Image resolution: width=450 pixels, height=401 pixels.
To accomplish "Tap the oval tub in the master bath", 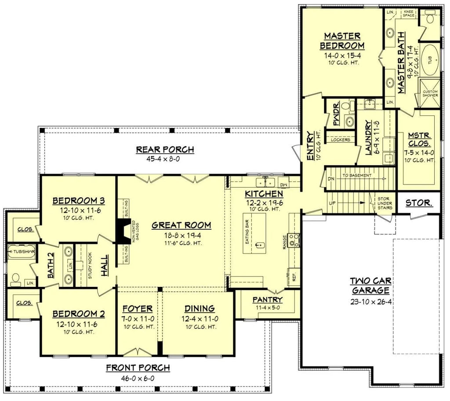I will tap(430, 59).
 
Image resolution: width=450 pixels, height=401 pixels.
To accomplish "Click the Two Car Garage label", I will tap(370, 285).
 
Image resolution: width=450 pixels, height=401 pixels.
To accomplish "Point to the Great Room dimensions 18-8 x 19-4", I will tap(181, 235).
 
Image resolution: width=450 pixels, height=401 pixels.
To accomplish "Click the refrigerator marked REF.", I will tap(294, 277).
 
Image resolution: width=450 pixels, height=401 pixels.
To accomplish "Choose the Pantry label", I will tap(267, 300).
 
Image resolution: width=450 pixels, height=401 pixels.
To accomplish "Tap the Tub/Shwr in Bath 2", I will tap(22, 251).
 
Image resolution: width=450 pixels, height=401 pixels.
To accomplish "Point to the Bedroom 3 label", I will tap(78, 201).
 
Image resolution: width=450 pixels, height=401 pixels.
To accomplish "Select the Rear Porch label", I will tap(165, 150).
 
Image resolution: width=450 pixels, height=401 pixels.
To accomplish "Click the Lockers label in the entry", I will tap(341, 140).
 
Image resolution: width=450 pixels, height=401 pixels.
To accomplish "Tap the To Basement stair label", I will tap(357, 175).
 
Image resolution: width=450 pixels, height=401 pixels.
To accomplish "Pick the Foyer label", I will tap(138, 308).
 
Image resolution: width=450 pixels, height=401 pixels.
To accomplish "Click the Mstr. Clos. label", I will tap(419, 140).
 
